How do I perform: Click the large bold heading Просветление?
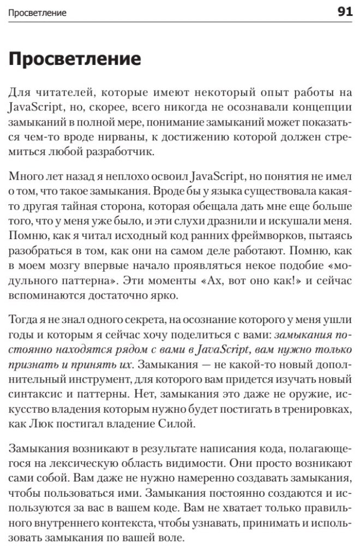[x=75, y=59]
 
